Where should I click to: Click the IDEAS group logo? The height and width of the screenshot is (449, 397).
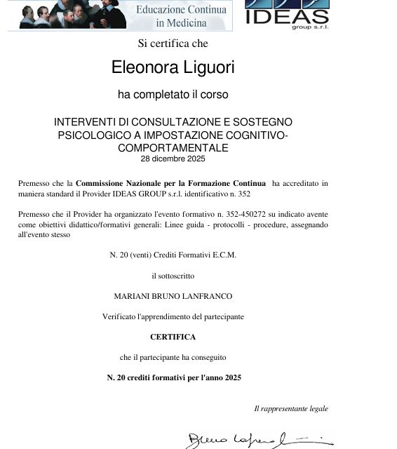tap(287, 14)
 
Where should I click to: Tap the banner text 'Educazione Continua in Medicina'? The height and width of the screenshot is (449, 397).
tap(181, 15)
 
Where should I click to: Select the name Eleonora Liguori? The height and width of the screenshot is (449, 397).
tap(173, 67)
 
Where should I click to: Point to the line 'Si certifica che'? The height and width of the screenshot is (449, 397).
tap(173, 43)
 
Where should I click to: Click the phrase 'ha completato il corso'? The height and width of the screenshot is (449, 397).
tap(173, 94)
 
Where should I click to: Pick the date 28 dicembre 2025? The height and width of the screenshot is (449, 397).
tap(173, 159)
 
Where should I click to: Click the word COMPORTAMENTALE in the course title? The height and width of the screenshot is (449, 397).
tap(173, 148)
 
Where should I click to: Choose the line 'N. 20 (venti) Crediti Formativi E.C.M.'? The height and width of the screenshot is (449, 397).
tap(173, 255)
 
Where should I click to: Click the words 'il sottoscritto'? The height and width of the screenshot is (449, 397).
tap(173, 276)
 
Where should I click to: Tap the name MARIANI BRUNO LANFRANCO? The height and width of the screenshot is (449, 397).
tap(173, 297)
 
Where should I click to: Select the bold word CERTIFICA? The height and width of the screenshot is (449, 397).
tap(173, 337)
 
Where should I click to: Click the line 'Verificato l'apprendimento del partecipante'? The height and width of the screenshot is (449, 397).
tap(173, 316)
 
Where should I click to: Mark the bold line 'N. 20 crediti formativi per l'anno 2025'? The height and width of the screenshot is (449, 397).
tap(173, 377)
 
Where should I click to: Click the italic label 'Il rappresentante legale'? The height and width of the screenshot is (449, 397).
tap(290, 408)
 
